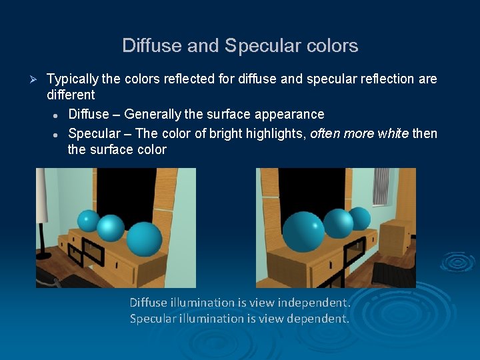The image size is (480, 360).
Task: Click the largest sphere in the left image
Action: pyautogui.click(x=144, y=239)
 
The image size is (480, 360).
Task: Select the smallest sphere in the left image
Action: pyautogui.click(x=88, y=221)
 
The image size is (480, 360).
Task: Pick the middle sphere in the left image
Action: pyautogui.click(x=111, y=228)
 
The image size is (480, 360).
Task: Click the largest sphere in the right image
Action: pyautogui.click(x=303, y=231)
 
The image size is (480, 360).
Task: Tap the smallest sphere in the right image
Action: pyautogui.click(x=359, y=218)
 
